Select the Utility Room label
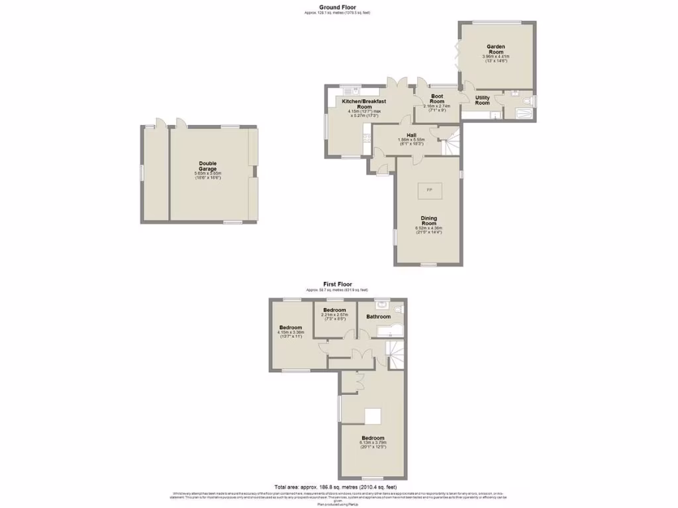(x=483, y=100)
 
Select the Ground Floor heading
(x=338, y=7)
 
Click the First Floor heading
(x=337, y=284)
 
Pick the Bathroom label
(x=379, y=316)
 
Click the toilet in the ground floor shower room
(x=526, y=101)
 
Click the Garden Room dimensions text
(x=496, y=58)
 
